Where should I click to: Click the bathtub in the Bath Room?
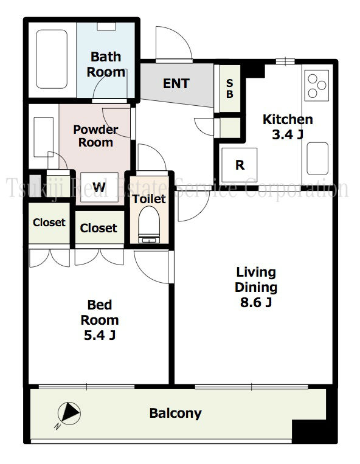pos(52,59)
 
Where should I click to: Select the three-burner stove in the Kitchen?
pos(316,86)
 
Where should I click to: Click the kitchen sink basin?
pos(317,159)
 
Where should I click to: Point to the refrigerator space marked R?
pos(240,165)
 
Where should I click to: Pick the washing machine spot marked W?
pos(99,187)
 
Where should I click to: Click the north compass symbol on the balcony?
pos(69,414)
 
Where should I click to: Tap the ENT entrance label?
pos(176,83)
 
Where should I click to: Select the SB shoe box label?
pos(230,88)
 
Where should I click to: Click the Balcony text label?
pos(175,413)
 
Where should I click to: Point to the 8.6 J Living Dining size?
pos(256,302)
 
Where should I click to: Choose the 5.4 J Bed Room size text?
pos(100,335)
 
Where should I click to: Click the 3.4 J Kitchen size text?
pos(288,134)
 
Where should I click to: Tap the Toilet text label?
pos(149,199)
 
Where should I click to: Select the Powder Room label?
pos(95,136)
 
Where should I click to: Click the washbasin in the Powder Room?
pos(44,137)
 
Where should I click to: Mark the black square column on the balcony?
pos(315,431)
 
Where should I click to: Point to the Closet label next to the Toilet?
pos(99,228)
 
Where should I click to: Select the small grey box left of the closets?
pos(35,187)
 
